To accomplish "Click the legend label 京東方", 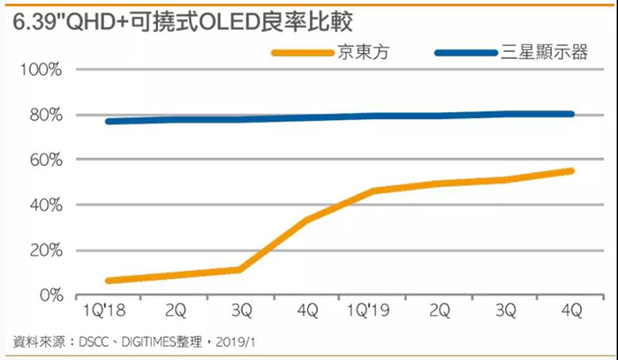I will point(361,53).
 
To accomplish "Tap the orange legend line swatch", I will point(301,53).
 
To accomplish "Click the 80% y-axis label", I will point(43,115).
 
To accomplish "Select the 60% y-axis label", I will point(43,160).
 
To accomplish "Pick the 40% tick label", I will point(43,205).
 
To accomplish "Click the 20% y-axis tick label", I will point(43,250).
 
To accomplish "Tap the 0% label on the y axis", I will point(48,295).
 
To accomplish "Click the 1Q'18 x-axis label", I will point(108,311).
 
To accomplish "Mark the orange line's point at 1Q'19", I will point(373,191).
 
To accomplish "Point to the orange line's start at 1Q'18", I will point(108,281).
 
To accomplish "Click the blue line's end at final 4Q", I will point(571,114).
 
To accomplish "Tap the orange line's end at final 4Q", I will point(571,170).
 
